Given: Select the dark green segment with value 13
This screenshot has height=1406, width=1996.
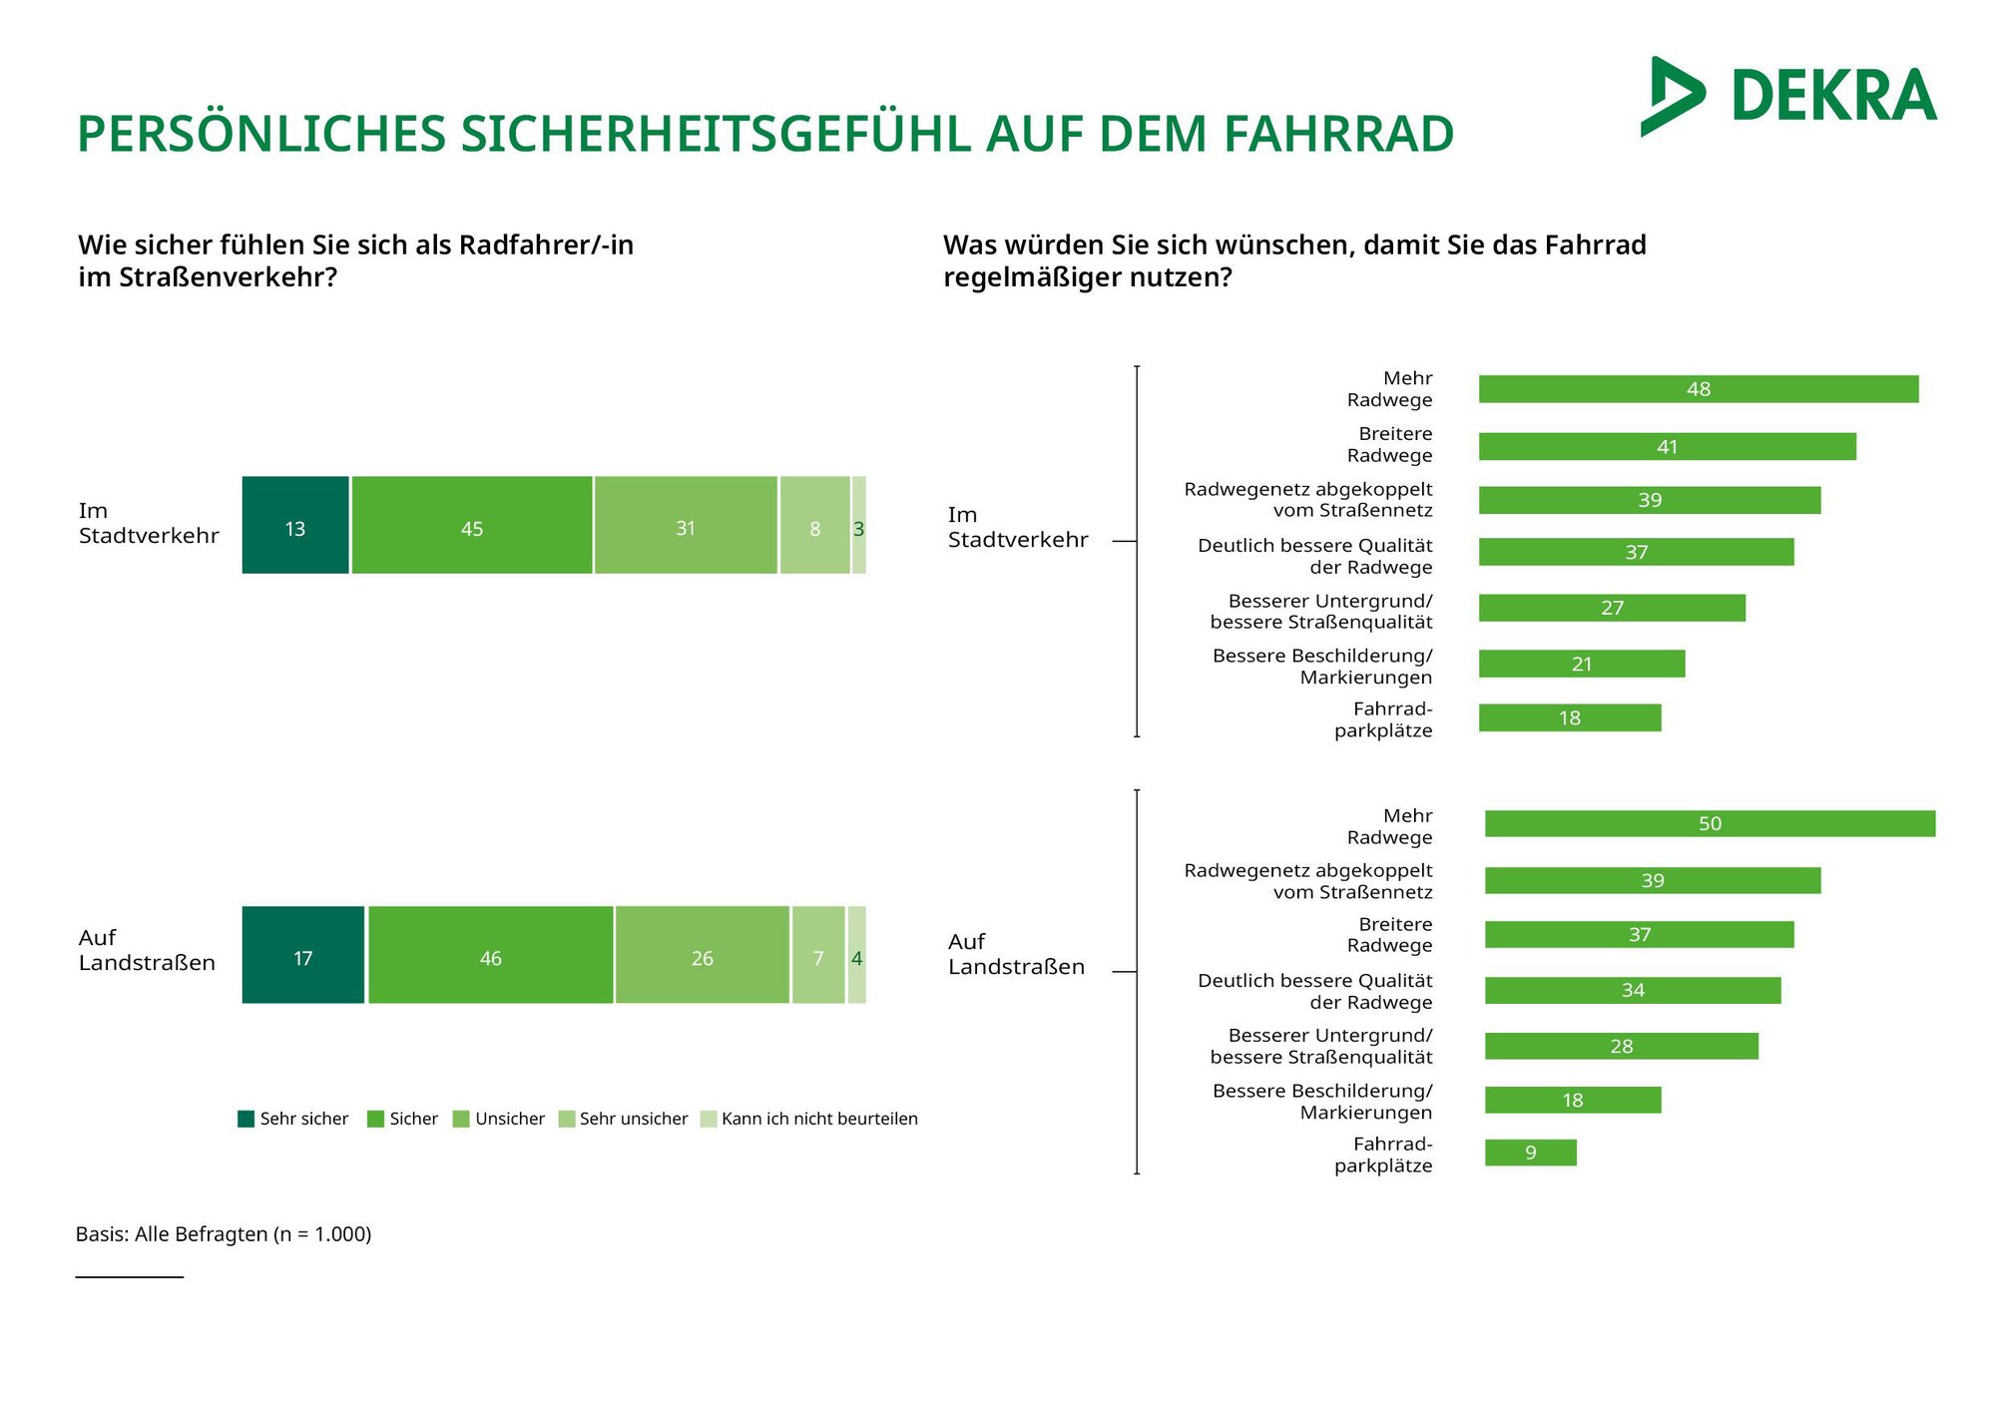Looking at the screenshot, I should (x=295, y=526).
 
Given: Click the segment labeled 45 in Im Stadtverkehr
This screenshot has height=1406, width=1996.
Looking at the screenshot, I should (x=472, y=526).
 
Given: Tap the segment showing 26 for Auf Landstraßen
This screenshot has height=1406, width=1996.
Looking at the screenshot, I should (x=703, y=955).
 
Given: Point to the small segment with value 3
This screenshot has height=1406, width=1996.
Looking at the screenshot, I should (x=859, y=526).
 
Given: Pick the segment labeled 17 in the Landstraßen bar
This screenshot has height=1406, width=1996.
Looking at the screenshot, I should (x=303, y=955).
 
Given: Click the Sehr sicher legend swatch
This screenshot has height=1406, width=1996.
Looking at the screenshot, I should (x=247, y=1119).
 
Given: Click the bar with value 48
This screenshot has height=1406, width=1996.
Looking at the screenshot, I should (x=1698, y=389).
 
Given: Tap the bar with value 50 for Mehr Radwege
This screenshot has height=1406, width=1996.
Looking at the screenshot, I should (x=1710, y=823).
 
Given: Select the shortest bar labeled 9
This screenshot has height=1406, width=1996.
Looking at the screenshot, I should (x=1530, y=1153).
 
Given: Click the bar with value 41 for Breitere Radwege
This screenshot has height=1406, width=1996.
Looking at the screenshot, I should (x=1667, y=446).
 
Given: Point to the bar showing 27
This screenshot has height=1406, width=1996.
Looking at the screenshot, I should (x=1612, y=608).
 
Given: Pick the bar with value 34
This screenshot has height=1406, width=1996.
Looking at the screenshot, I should (x=1632, y=990).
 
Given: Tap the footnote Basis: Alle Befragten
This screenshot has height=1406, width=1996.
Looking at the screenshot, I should (x=224, y=1234).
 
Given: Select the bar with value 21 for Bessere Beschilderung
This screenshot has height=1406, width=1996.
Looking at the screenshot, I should (x=1581, y=664).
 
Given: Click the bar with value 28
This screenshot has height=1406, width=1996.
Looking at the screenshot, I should (x=1621, y=1046).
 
